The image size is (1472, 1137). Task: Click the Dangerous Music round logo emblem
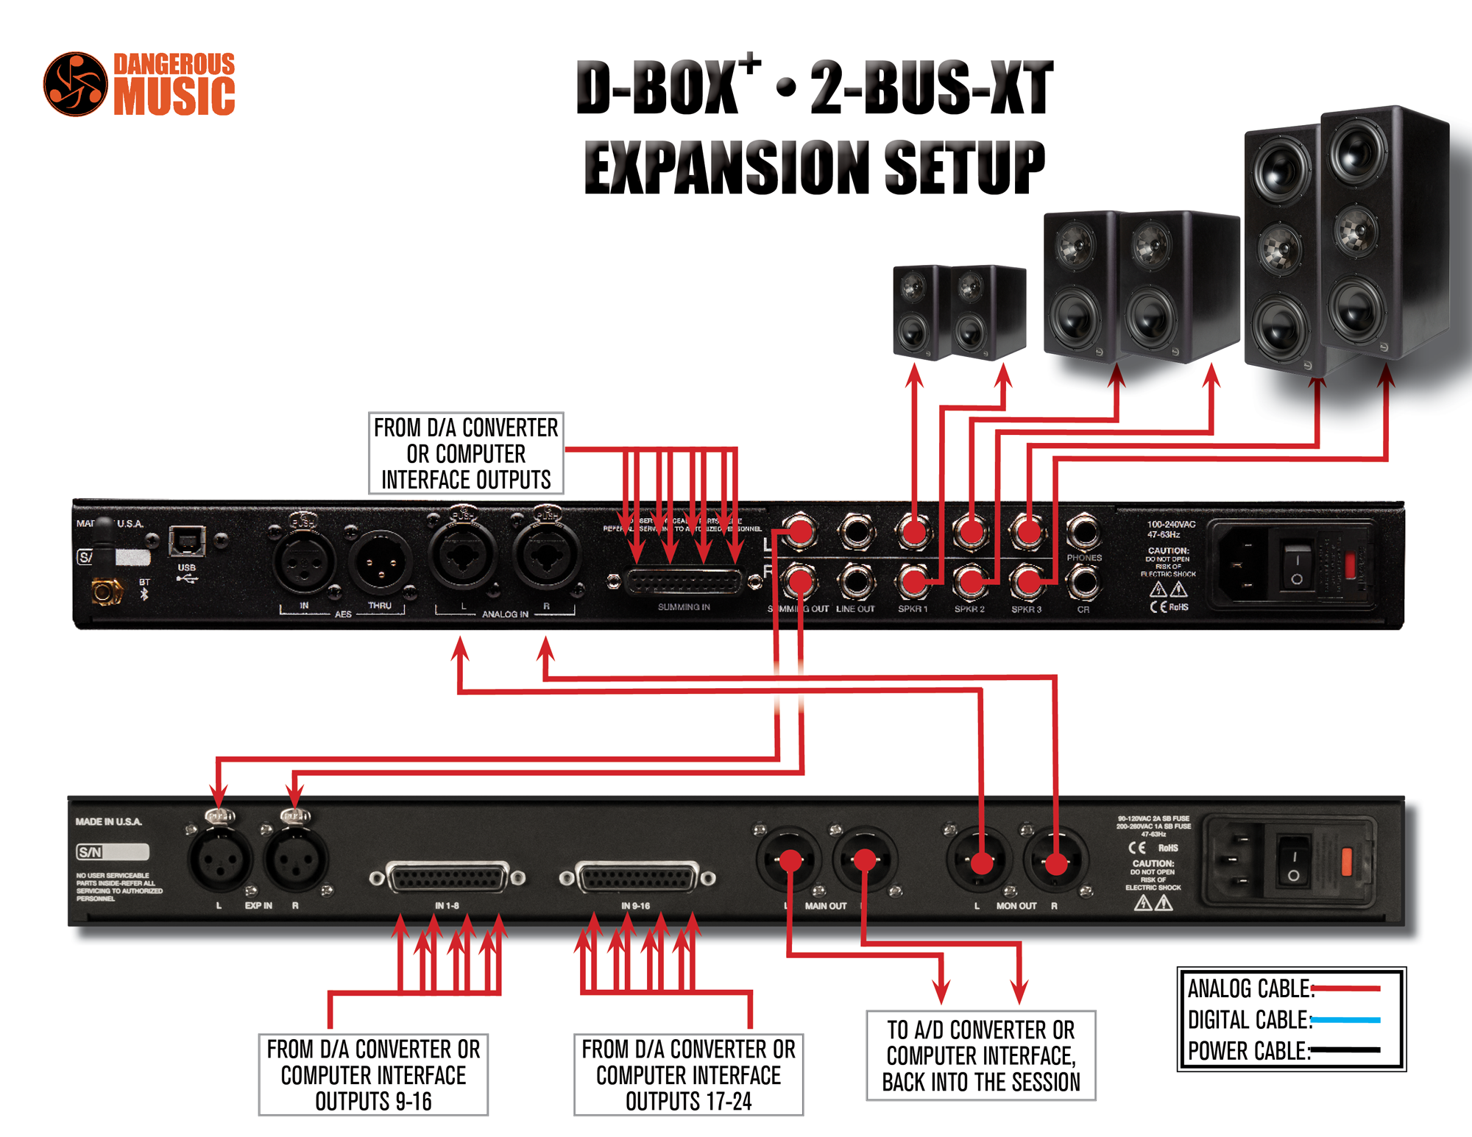click(75, 84)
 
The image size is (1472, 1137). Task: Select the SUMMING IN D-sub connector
click(683, 583)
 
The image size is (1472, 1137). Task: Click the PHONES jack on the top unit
click(1083, 531)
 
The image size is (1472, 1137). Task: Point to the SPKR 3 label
click(1026, 609)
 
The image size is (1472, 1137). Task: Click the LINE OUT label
click(855, 609)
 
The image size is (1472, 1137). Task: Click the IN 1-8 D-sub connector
click(447, 878)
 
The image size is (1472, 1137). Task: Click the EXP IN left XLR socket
click(219, 859)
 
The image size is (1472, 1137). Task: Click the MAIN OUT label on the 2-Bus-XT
click(825, 906)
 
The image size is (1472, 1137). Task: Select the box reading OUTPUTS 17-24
click(688, 1074)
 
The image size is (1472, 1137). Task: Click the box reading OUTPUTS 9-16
click(373, 1074)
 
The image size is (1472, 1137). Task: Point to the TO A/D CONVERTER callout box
click(980, 1055)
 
